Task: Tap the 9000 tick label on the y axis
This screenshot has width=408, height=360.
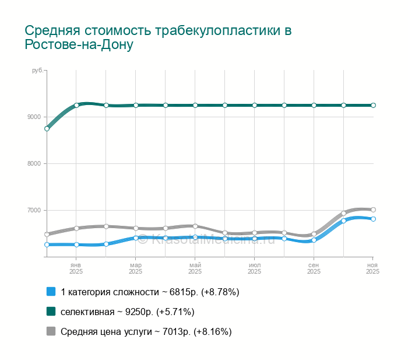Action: [x=34, y=117]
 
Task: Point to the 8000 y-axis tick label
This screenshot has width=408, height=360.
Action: [x=34, y=163]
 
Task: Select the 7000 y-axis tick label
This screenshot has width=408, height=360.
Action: [x=34, y=210]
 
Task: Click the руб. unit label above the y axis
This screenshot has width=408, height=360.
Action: [x=37, y=71]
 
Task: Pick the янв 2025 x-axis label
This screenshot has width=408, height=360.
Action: [x=76, y=268]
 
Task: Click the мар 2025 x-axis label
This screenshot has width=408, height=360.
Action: [x=135, y=268]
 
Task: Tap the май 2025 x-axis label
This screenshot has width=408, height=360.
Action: [x=195, y=268]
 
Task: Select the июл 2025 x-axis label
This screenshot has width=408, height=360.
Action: [x=254, y=268]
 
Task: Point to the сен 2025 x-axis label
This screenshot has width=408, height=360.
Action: [x=314, y=268]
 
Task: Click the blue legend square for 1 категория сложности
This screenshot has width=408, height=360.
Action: [x=51, y=292]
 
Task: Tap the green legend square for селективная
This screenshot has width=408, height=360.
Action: [x=51, y=312]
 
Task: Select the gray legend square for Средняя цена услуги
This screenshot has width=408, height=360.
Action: [x=51, y=331]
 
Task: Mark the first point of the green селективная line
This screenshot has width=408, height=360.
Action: [x=47, y=128]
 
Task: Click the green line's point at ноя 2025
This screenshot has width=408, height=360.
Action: [x=373, y=105]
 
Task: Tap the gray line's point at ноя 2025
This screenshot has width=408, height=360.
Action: [x=373, y=209]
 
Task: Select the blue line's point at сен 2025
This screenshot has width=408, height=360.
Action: [x=314, y=240]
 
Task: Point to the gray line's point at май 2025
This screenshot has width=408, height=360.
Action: [x=195, y=226]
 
